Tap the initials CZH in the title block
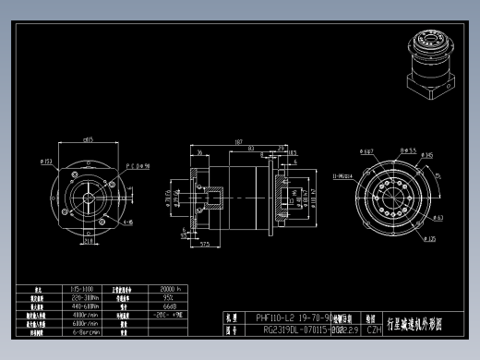pyautogui.click(x=374, y=328)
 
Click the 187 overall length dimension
pyautogui.click(x=238, y=144)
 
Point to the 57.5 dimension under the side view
pyautogui.click(x=204, y=245)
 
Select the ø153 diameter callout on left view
pyautogui.click(x=46, y=162)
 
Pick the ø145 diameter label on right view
pyautogui.click(x=427, y=155)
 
